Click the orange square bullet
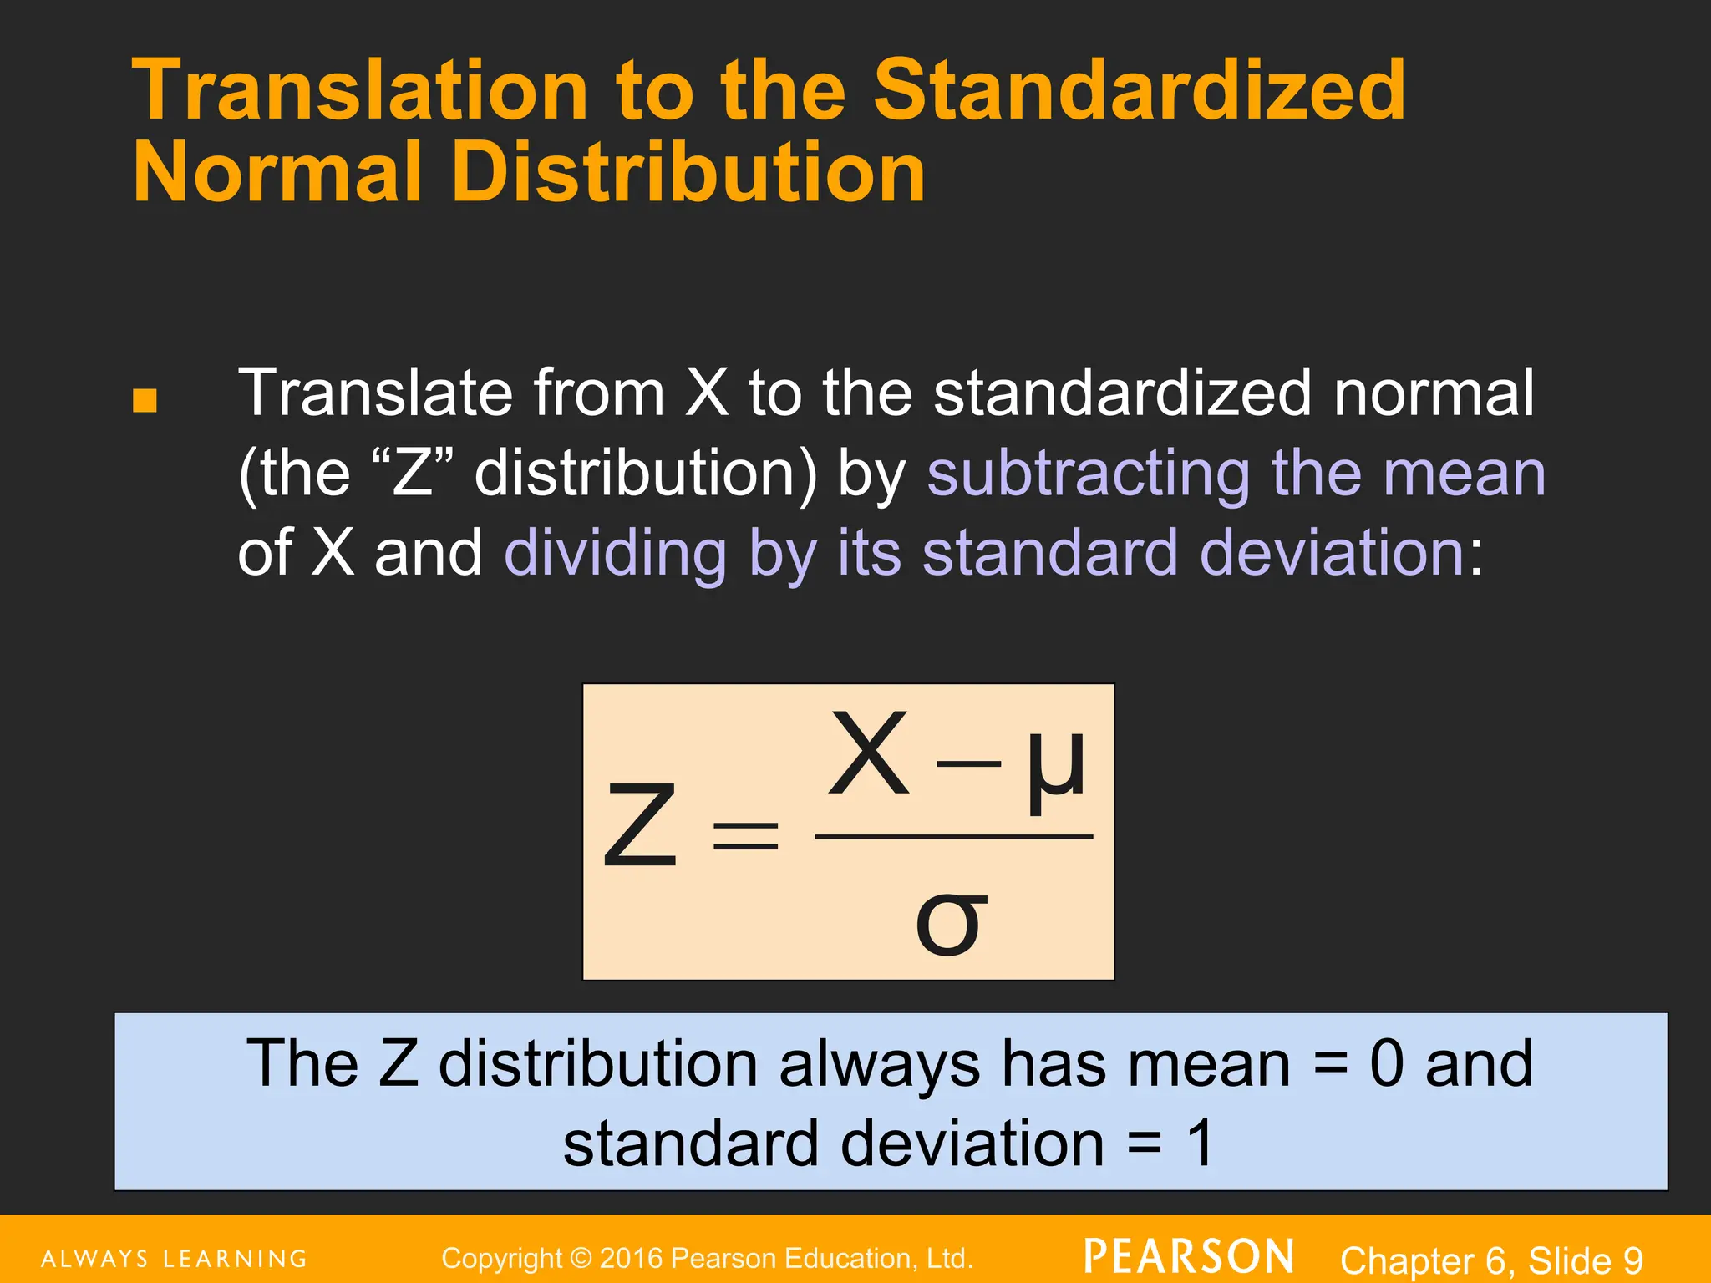[x=145, y=401]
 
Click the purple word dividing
[x=616, y=554]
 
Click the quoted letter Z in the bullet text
[x=413, y=474]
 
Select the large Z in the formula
[x=640, y=827]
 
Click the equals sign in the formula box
[x=745, y=835]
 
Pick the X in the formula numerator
[x=869, y=753]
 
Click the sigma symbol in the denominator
[x=951, y=922]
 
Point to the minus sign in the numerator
[x=968, y=763]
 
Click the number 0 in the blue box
[x=1387, y=1064]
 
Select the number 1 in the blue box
[x=1200, y=1144]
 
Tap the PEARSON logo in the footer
[x=1189, y=1257]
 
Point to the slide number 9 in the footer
[x=1632, y=1260]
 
